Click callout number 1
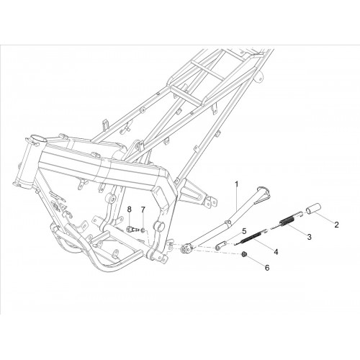pos(237,184)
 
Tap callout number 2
pos(336,225)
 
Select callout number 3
pos(310,237)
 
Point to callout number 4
pos(276,252)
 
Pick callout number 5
pos(244,231)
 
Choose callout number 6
pos(267,267)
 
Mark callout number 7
pos(143,210)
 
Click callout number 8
pos(130,210)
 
